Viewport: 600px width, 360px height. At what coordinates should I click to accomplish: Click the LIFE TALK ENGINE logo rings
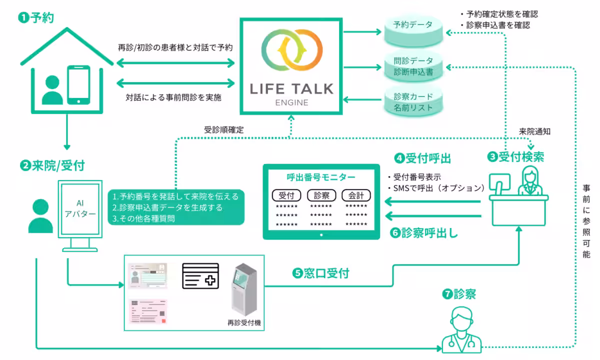click(291, 51)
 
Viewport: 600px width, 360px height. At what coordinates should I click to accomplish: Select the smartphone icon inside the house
click(78, 84)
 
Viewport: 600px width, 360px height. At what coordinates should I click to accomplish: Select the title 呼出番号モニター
click(321, 177)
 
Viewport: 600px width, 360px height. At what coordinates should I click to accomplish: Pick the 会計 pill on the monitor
click(356, 195)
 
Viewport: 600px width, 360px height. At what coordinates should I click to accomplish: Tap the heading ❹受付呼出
click(423, 158)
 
